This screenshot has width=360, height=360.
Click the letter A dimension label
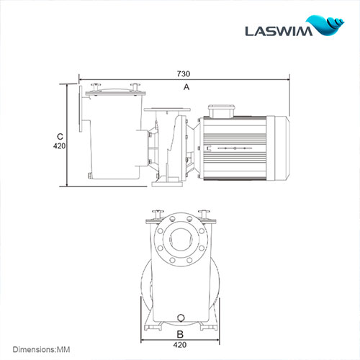pos(186,86)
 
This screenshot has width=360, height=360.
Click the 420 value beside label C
pos(60,146)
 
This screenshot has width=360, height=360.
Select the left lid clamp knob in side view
pos(95,87)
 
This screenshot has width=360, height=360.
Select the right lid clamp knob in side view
pos(133,87)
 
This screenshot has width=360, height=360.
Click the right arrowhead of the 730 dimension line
pos(287,79)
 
